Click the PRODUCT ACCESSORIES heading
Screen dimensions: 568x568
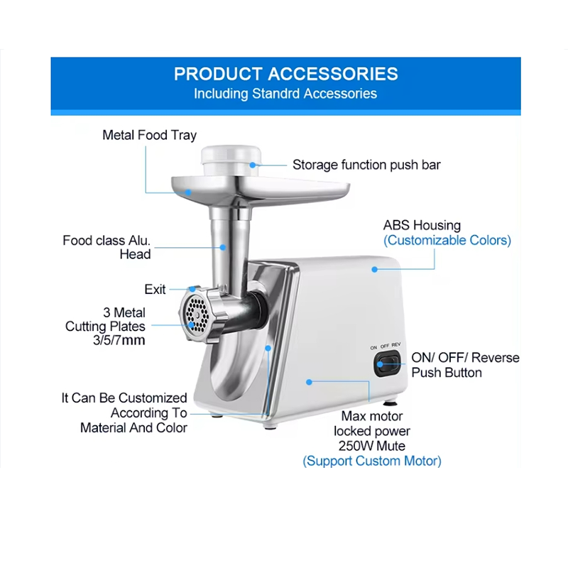pyautogui.click(x=286, y=74)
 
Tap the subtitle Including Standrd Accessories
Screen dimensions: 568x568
pyautogui.click(x=285, y=94)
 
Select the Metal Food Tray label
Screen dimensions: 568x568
pyautogui.click(x=149, y=136)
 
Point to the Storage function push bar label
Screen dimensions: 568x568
pyautogui.click(x=366, y=165)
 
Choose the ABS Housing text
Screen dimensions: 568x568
pyautogui.click(x=422, y=225)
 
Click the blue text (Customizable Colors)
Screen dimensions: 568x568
pyautogui.click(x=447, y=240)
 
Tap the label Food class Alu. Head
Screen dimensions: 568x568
pyautogui.click(x=106, y=247)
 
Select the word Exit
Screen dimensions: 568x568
pyautogui.click(x=155, y=290)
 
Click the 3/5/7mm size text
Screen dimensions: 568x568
pyautogui.click(x=119, y=341)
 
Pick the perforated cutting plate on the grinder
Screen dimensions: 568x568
pyautogui.click(x=197, y=313)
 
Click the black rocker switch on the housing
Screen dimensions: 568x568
pyautogui.click(x=387, y=364)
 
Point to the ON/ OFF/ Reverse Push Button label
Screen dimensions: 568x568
pyautogui.click(x=466, y=365)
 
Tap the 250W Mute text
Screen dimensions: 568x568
pyautogui.click(x=372, y=446)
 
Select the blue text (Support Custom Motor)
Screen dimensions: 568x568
pyautogui.click(x=372, y=461)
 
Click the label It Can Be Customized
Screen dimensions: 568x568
pyautogui.click(x=124, y=398)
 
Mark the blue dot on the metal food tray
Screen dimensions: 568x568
pyautogui.click(x=188, y=192)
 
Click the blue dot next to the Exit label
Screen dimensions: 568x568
pyautogui.click(x=192, y=289)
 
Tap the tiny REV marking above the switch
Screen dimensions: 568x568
pyautogui.click(x=396, y=345)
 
